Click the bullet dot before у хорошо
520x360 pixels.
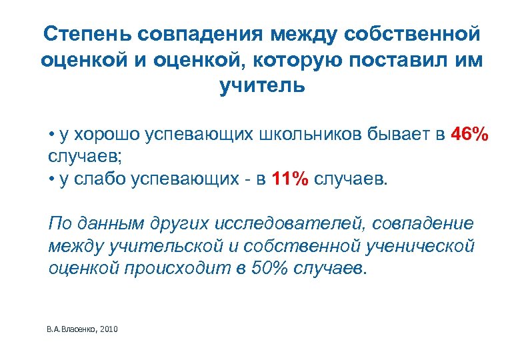[52, 135]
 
